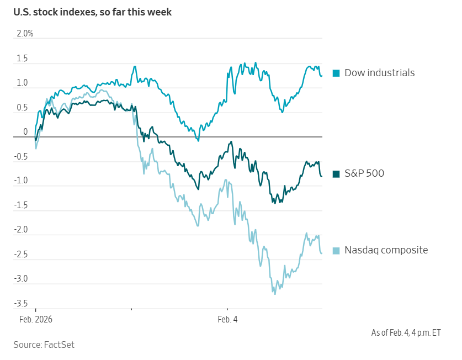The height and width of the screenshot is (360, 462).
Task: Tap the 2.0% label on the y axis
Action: coord(25,34)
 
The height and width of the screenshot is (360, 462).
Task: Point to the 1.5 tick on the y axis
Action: coord(22,59)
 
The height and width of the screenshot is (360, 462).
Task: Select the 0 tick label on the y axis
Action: coord(25,132)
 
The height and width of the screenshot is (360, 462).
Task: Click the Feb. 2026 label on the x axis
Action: coord(35,319)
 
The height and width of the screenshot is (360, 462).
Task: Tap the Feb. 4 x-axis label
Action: coord(227,319)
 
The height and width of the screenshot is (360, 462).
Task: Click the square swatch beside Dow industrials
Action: coord(336,73)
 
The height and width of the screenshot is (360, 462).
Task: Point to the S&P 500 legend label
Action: coord(364,173)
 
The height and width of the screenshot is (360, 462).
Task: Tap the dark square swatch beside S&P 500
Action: coord(336,173)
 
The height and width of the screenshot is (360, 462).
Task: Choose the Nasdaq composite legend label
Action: coord(386,250)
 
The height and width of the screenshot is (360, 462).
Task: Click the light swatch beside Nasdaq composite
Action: coord(336,251)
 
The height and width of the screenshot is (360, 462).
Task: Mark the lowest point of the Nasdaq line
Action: coord(274,294)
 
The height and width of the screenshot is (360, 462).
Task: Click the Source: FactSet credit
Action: coord(44,345)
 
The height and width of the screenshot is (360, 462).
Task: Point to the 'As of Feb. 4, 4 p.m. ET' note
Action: coord(406,332)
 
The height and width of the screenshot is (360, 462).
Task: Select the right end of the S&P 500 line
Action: coord(322,177)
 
